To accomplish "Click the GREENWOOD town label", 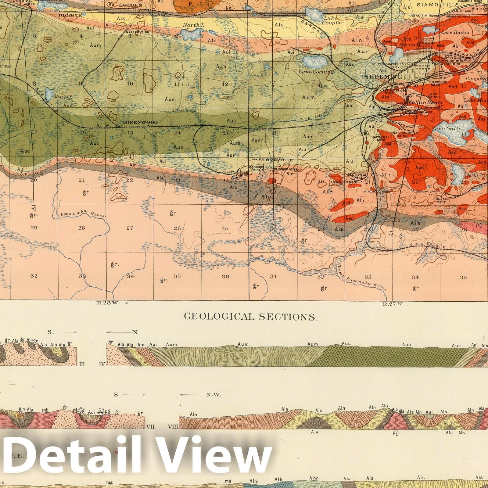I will coord(140,122).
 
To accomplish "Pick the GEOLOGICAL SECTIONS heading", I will coord(250,317).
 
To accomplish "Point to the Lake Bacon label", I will coord(457,32).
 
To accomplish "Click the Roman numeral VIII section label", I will coord(173,427).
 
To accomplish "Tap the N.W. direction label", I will coord(213,395).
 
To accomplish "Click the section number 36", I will coord(225,276).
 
